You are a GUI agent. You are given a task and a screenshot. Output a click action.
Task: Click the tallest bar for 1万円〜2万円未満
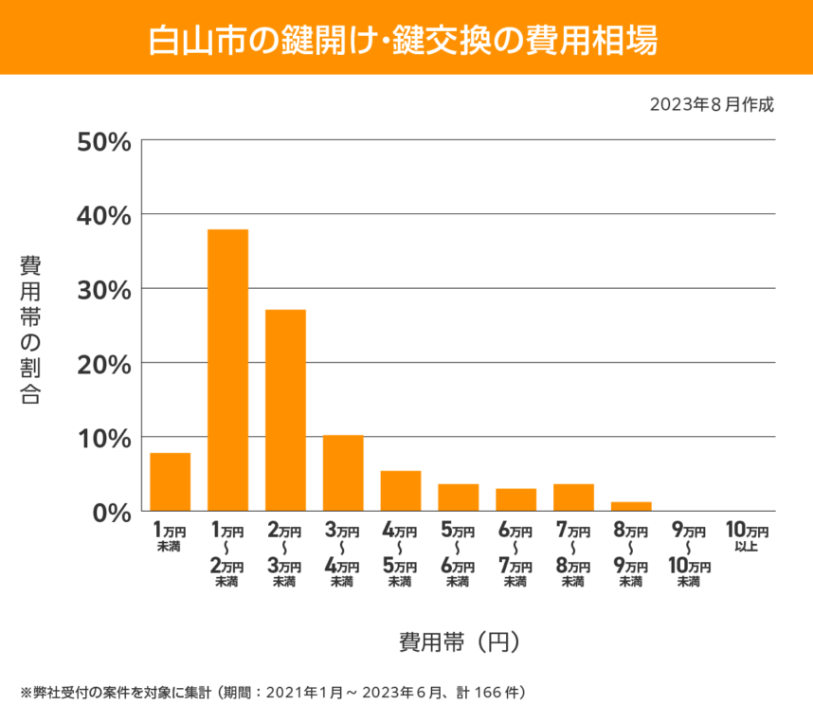click(x=227, y=370)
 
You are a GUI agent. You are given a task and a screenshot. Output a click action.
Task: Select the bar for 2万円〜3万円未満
click(x=285, y=409)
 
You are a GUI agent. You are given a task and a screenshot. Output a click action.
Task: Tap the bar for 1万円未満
click(x=171, y=481)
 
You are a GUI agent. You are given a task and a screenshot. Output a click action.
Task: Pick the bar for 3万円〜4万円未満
click(x=343, y=472)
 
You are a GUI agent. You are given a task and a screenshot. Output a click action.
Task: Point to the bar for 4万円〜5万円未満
click(x=401, y=490)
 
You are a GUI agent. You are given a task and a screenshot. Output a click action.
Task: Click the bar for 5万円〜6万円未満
click(x=458, y=497)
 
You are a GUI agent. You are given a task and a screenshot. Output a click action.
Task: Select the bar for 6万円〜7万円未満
click(x=515, y=499)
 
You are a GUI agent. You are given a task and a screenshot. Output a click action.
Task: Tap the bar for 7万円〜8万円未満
click(x=573, y=497)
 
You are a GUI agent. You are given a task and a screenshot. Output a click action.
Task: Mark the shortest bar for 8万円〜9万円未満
click(x=631, y=506)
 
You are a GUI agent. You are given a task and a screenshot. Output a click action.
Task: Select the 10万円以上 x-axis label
click(x=746, y=536)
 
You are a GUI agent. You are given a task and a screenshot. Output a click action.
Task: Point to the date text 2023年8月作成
click(x=712, y=103)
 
